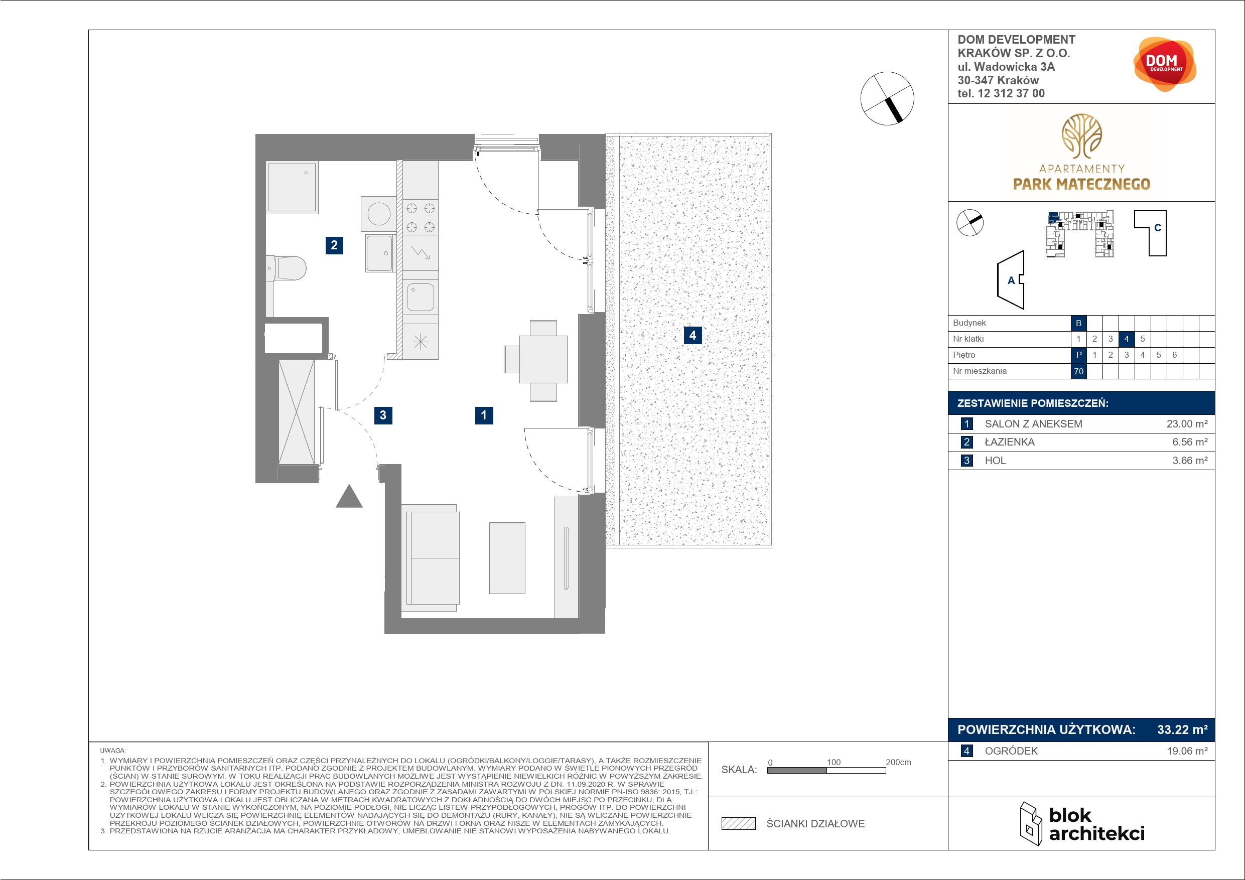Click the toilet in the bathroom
(287, 268)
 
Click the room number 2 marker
(334, 245)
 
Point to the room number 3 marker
(383, 415)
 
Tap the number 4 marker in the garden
(693, 335)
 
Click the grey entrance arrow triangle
(349, 496)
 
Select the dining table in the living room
(543, 359)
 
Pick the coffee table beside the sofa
(507, 558)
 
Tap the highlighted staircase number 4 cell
(1126, 339)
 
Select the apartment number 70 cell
(1078, 371)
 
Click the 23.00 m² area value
(1187, 424)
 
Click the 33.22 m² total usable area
(1182, 730)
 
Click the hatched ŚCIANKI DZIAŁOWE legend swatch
(739, 824)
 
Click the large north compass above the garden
(887, 99)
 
